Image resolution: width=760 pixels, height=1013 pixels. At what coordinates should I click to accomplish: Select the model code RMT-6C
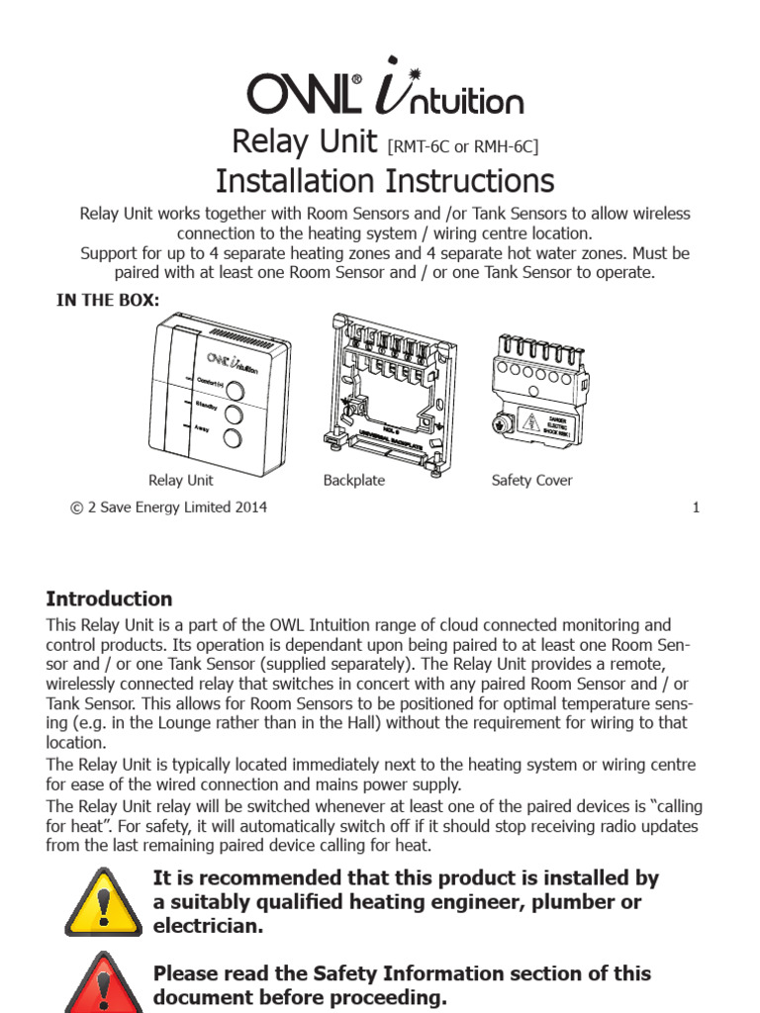point(421,147)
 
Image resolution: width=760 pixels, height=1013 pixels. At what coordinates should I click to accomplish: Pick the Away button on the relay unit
point(234,439)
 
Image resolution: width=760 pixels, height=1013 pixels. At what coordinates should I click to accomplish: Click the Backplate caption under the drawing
point(353,481)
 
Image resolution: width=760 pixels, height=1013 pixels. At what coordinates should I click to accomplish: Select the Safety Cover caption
point(531,481)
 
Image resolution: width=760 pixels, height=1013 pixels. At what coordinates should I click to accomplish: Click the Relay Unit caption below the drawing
point(180,481)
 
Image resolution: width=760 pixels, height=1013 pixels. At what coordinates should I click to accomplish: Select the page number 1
point(696,508)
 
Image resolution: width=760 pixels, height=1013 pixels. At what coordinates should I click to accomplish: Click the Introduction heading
point(109,599)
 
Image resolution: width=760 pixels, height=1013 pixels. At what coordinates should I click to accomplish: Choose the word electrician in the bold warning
point(209,926)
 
